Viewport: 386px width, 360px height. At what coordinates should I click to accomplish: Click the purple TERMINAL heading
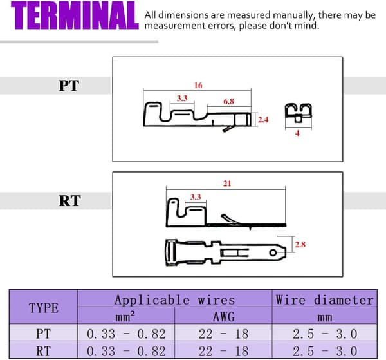coord(75,15)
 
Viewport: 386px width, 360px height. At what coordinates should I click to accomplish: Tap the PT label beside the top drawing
coord(69,86)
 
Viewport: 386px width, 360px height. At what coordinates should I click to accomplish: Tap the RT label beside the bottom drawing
coord(69,200)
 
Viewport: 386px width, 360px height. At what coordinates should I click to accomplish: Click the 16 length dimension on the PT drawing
coord(198,85)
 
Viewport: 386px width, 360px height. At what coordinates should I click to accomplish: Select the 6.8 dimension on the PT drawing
coord(228,101)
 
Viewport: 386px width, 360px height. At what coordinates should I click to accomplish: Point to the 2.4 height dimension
coord(263,120)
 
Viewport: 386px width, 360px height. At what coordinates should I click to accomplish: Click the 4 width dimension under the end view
coord(297,133)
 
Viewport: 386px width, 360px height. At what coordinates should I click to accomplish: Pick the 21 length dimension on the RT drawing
coord(227,184)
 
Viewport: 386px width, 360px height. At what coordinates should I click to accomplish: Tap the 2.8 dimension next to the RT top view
coord(300,245)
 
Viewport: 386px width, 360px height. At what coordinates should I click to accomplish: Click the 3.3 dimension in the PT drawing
coord(182,98)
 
